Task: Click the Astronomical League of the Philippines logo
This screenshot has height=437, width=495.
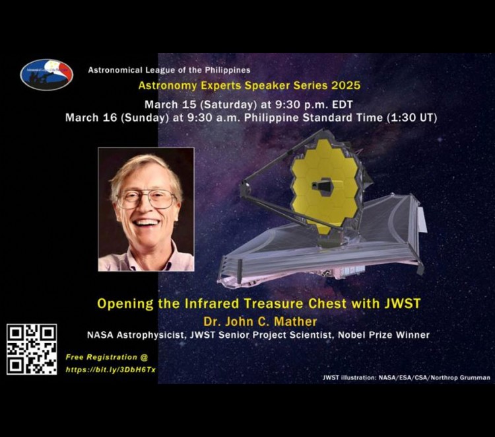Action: point(46,75)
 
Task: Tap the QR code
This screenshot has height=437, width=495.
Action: point(32,349)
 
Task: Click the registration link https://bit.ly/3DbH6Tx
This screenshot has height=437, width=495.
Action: point(110,370)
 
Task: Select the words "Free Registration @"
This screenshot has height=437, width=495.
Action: point(102,357)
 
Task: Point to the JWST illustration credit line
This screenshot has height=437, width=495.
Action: point(406,377)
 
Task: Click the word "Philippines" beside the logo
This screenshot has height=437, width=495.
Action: point(228,69)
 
